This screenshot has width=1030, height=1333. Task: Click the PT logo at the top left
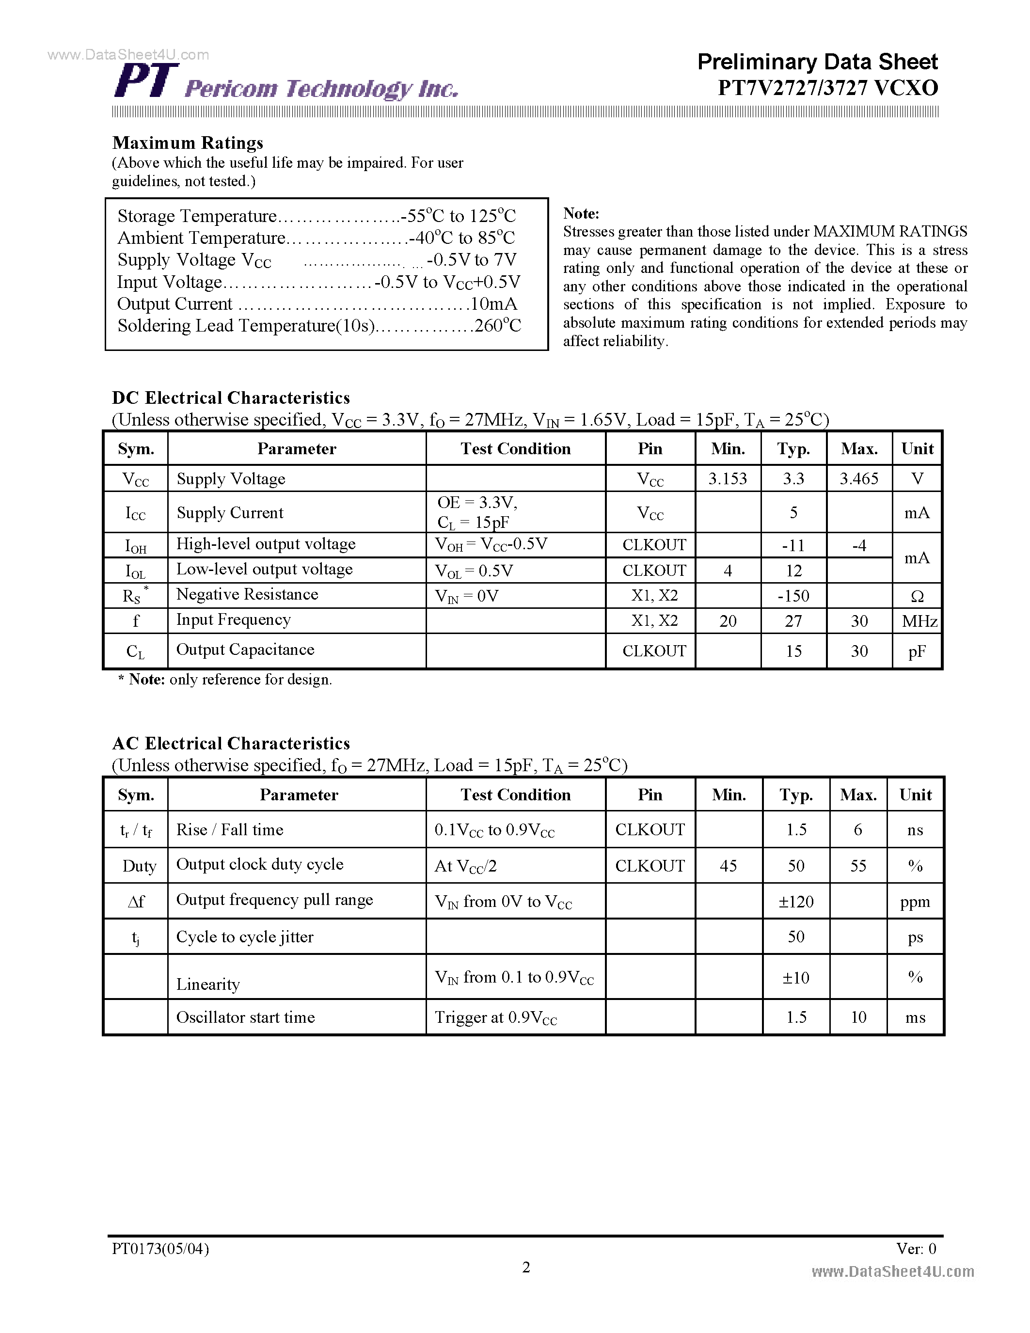click(x=146, y=80)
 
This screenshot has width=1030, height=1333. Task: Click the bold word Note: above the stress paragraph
click(x=581, y=214)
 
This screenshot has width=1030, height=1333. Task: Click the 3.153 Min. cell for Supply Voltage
click(x=728, y=478)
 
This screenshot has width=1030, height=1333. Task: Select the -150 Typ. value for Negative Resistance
click(x=793, y=596)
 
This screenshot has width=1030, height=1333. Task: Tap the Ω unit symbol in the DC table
click(x=917, y=596)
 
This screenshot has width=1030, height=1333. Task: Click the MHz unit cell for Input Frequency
click(x=919, y=621)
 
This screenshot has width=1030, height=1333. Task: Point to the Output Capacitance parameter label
click(x=245, y=650)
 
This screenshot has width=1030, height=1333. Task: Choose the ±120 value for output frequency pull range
click(x=796, y=902)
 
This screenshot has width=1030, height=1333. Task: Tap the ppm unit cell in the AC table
click(x=915, y=902)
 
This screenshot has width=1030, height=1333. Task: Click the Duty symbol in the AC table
click(x=139, y=866)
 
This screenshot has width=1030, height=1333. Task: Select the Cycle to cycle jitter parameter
click(x=245, y=937)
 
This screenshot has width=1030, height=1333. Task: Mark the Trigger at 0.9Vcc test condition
click(x=495, y=1017)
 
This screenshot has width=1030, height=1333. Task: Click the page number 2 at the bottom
click(x=526, y=1267)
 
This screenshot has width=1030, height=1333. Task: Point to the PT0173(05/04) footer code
click(x=160, y=1249)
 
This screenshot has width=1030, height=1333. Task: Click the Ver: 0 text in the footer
click(x=916, y=1249)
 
